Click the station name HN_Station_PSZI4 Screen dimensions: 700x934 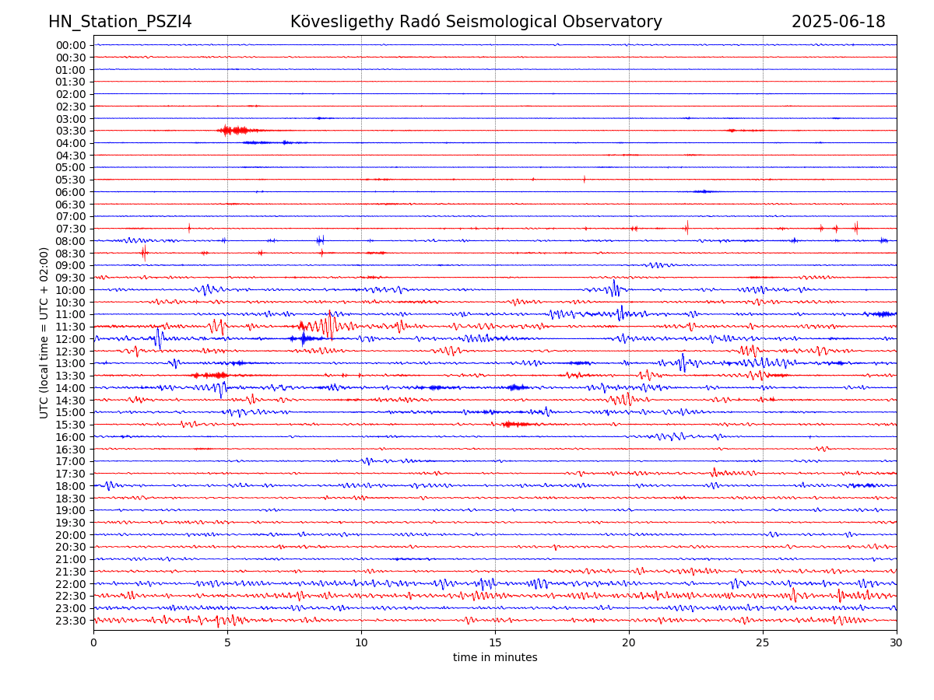(x=120, y=22)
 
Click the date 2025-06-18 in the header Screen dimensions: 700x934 (x=838, y=22)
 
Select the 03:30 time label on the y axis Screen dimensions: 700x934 (x=71, y=131)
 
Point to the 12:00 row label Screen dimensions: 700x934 (x=71, y=339)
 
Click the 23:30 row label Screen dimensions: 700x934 (x=71, y=621)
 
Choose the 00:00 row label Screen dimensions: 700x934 (x=71, y=45)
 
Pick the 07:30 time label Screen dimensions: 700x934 (x=71, y=229)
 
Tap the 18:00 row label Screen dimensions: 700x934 (x=71, y=486)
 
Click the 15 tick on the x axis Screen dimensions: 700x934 (x=495, y=643)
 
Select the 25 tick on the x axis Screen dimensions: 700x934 (x=763, y=643)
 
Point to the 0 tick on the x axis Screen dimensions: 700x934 (x=93, y=643)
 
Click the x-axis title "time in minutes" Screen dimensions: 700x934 (x=495, y=658)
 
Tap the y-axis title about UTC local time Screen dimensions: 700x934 (x=44, y=333)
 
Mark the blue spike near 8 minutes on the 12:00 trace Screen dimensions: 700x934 (x=303, y=338)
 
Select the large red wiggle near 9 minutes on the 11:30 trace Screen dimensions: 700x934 (x=331, y=325)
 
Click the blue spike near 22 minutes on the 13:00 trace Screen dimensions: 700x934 (x=682, y=362)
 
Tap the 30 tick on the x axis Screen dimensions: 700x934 (x=897, y=643)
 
